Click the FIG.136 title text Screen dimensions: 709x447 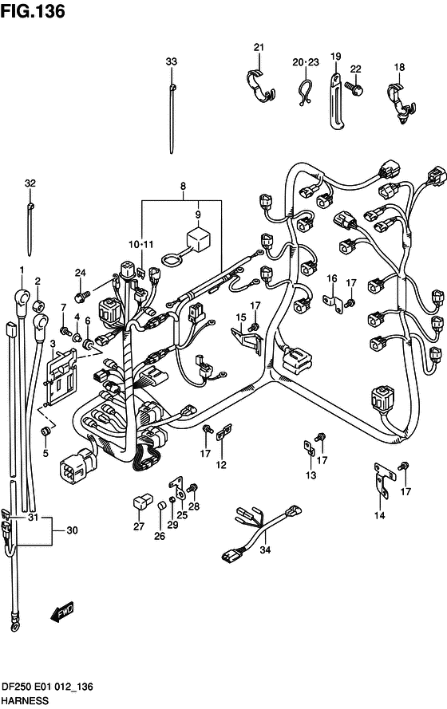(x=33, y=11)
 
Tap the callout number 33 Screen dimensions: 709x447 (x=172, y=61)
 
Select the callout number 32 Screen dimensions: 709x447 (x=30, y=183)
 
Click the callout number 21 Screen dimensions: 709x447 (x=258, y=48)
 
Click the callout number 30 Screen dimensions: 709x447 (x=72, y=531)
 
